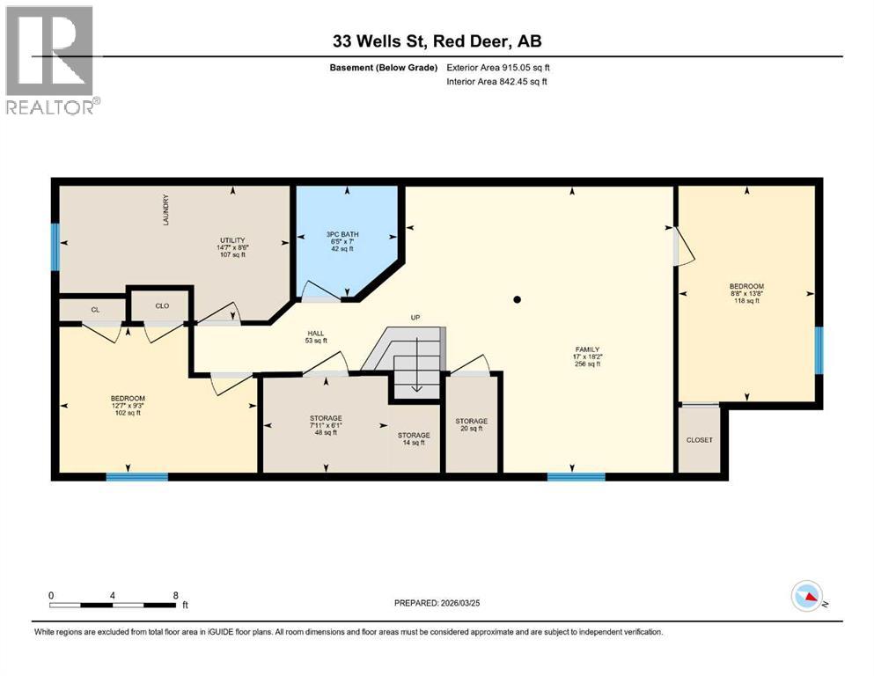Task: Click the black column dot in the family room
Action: click(518, 300)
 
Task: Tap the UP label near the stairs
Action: click(415, 318)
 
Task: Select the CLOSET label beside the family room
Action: click(700, 440)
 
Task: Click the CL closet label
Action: click(94, 309)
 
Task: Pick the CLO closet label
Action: click(162, 307)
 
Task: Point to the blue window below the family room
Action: click(576, 477)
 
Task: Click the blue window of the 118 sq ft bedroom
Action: click(819, 349)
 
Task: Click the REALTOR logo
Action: click(50, 61)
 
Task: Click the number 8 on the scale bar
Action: click(176, 595)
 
